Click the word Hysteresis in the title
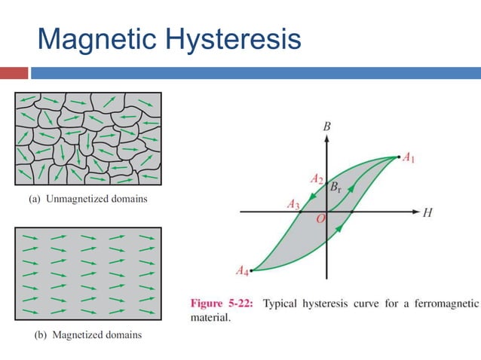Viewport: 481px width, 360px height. (234, 39)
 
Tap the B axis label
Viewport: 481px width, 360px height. (326, 127)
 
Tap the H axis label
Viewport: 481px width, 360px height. (427, 212)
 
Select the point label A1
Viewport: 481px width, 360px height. (409, 157)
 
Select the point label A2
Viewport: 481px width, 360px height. (317, 179)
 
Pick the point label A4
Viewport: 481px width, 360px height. (242, 270)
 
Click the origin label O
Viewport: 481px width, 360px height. (320, 218)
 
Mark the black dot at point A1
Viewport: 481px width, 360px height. (397, 157)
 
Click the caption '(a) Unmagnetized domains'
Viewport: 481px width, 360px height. (87, 200)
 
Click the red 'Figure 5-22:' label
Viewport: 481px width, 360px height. (222, 304)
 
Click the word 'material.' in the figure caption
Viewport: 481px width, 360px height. (209, 318)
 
